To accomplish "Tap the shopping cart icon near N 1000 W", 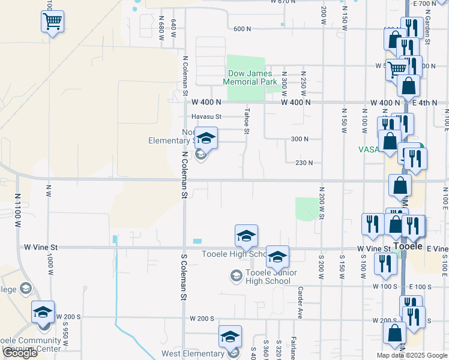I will [53, 23].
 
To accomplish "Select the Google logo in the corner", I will [19, 353].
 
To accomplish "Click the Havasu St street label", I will [206, 116].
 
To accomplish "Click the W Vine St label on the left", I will [41, 247].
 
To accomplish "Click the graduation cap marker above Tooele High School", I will [246, 236].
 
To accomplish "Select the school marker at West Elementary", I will [230, 338].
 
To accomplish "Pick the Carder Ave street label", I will [299, 302].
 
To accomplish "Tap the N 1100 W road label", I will [18, 209].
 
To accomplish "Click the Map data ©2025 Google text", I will [412, 355].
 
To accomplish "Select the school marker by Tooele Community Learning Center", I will [43, 313].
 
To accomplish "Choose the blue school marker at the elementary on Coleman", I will [206, 139].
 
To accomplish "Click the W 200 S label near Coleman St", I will [201, 319].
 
